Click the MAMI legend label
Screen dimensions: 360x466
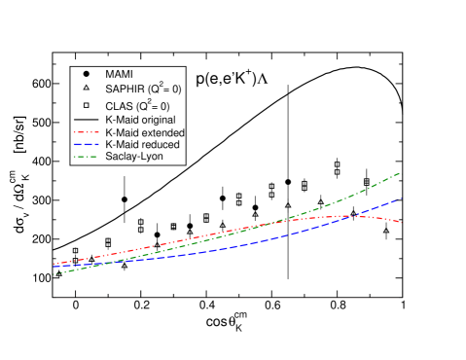click(119, 74)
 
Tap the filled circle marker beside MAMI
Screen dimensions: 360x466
click(86, 74)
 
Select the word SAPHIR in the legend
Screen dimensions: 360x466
click(124, 90)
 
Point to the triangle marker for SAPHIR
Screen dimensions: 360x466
click(86, 89)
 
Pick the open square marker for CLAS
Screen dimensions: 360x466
click(86, 104)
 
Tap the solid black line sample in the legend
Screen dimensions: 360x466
click(86, 119)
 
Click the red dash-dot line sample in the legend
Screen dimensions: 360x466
click(86, 131)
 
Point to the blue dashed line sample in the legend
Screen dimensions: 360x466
click(86, 144)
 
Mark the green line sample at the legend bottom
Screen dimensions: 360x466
click(86, 155)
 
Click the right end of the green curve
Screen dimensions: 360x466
click(402, 172)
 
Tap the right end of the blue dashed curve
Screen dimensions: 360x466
click(402, 198)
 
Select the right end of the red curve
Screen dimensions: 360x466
click(402, 223)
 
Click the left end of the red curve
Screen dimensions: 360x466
click(54, 264)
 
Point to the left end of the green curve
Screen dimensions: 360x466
click(54, 273)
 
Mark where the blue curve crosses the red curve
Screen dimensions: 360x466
click(356, 216)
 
